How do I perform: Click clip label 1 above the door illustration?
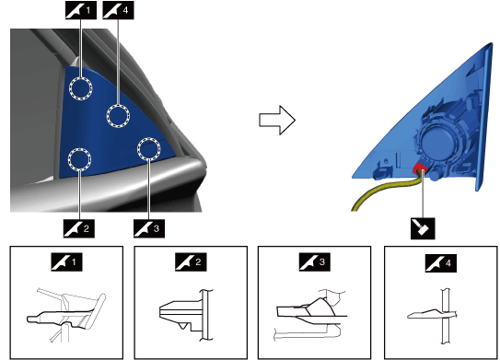click(x=81, y=10)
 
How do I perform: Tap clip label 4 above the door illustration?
click(x=118, y=10)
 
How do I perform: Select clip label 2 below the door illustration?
click(x=79, y=228)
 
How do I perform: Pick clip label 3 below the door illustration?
click(x=149, y=228)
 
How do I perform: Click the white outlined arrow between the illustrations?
click(x=277, y=121)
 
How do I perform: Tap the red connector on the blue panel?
click(x=420, y=168)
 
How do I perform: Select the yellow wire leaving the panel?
click(x=386, y=191)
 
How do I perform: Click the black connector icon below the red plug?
click(x=423, y=228)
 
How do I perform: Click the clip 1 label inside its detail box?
click(x=67, y=262)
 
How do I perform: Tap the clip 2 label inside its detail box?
click(x=191, y=262)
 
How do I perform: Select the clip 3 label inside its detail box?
click(x=314, y=262)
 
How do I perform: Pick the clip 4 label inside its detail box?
click(x=441, y=263)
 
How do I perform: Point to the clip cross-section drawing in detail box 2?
click(x=186, y=315)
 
